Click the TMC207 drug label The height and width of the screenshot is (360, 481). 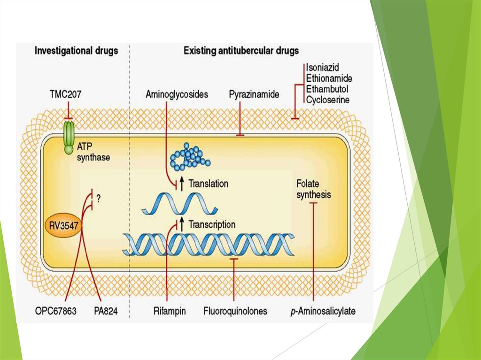(x=65, y=94)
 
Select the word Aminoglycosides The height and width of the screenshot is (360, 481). (x=177, y=94)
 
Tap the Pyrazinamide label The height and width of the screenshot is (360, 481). (x=254, y=94)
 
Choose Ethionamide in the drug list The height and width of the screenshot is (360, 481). (x=328, y=78)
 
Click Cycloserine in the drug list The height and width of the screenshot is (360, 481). (x=327, y=99)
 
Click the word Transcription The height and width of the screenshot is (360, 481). (x=212, y=224)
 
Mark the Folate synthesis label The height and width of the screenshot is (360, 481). (x=313, y=189)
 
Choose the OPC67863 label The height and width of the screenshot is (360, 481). (x=55, y=311)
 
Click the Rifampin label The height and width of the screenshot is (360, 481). (x=169, y=311)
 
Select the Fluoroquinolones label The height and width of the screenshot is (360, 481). (x=235, y=311)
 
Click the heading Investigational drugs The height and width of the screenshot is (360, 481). (x=76, y=51)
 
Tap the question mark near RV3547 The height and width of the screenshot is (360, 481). (x=99, y=199)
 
